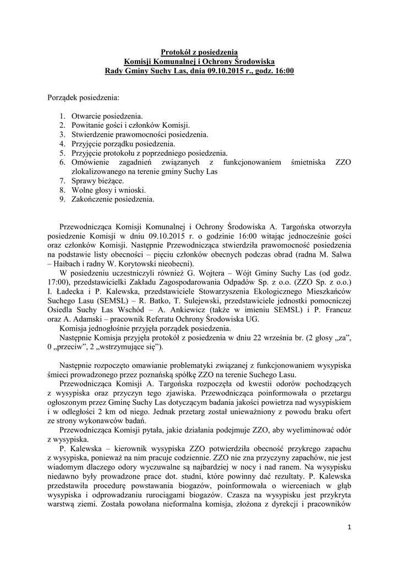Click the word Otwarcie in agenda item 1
pyautogui.click(x=86, y=117)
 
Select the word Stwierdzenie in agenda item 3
pyautogui.click(x=95, y=135)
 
